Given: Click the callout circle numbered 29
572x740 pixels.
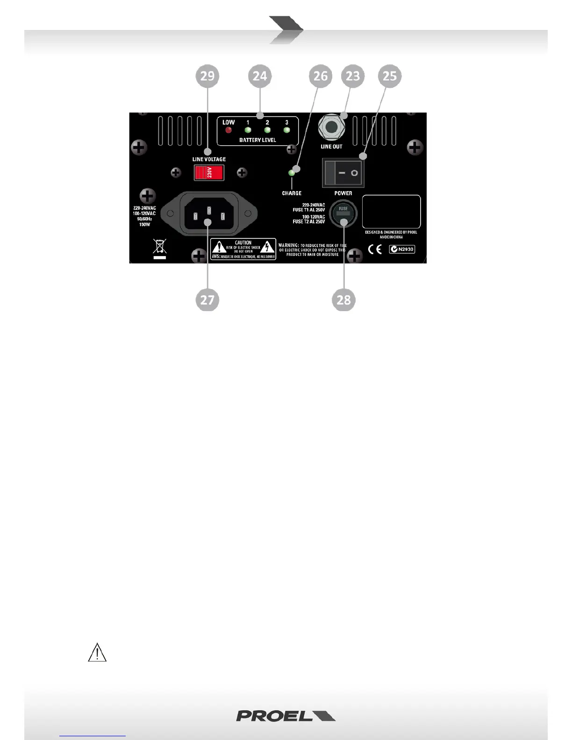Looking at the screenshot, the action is [x=207, y=76].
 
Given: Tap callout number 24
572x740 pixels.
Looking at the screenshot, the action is [x=260, y=76].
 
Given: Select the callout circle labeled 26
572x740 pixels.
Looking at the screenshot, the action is [x=321, y=76].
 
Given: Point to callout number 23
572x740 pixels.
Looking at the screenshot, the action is [x=353, y=76].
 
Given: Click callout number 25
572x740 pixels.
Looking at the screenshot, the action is [x=390, y=76].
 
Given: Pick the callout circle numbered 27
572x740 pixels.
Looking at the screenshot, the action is [x=207, y=300].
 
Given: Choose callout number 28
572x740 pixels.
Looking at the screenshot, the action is [x=343, y=300].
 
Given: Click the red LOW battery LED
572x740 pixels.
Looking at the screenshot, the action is [x=229, y=130].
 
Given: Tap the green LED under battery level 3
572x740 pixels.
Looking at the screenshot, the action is [x=287, y=130].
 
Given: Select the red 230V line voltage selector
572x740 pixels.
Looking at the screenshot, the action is [x=209, y=173].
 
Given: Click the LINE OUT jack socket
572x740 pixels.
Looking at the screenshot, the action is [x=332, y=127].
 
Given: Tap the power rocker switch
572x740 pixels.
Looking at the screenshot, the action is [x=343, y=173].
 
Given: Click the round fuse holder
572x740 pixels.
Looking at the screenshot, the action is [x=343, y=214].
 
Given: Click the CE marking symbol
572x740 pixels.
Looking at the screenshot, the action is [x=375, y=249].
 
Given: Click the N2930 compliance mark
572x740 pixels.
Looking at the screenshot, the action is [x=402, y=249].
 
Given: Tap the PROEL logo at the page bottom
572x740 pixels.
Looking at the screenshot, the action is [x=286, y=716].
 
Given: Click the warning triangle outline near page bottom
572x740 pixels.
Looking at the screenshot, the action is [x=97, y=653].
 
